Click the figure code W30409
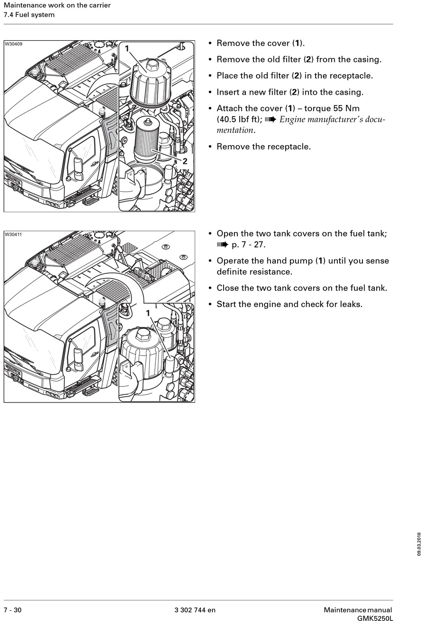[x=13, y=44]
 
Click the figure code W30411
[x=13, y=234]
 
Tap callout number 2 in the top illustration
[x=185, y=161]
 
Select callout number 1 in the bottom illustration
[x=148, y=313]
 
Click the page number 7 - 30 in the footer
[x=12, y=610]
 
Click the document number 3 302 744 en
[x=195, y=610]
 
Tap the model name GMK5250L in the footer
[x=375, y=618]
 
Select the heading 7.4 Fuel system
[x=29, y=15]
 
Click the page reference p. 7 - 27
[x=249, y=245]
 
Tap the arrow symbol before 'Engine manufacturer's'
[x=270, y=120]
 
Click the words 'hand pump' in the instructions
[x=291, y=261]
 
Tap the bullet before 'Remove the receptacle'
[x=210, y=147]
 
